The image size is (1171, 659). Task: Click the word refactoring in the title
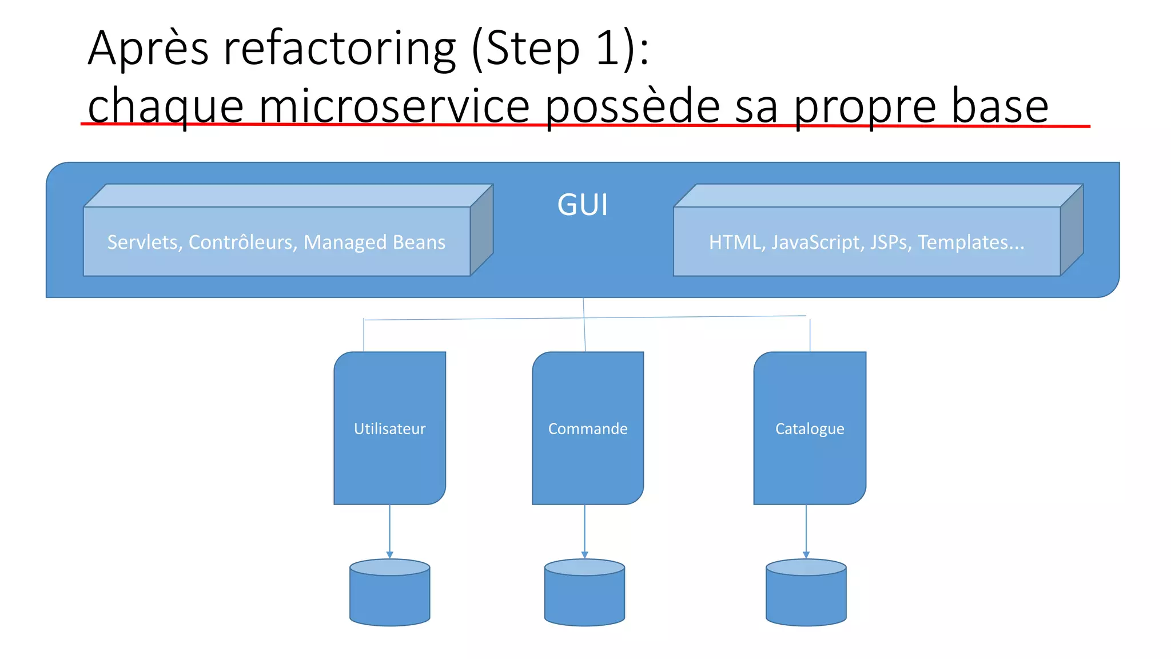(340, 49)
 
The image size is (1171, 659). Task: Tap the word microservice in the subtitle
(395, 106)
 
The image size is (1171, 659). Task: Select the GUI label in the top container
(583, 205)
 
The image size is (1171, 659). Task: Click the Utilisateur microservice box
(390, 428)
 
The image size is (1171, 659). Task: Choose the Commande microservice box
(588, 428)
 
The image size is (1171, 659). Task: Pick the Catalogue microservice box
(810, 428)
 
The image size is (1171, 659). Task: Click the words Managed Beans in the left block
(375, 243)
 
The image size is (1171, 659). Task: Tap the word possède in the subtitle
(632, 106)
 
